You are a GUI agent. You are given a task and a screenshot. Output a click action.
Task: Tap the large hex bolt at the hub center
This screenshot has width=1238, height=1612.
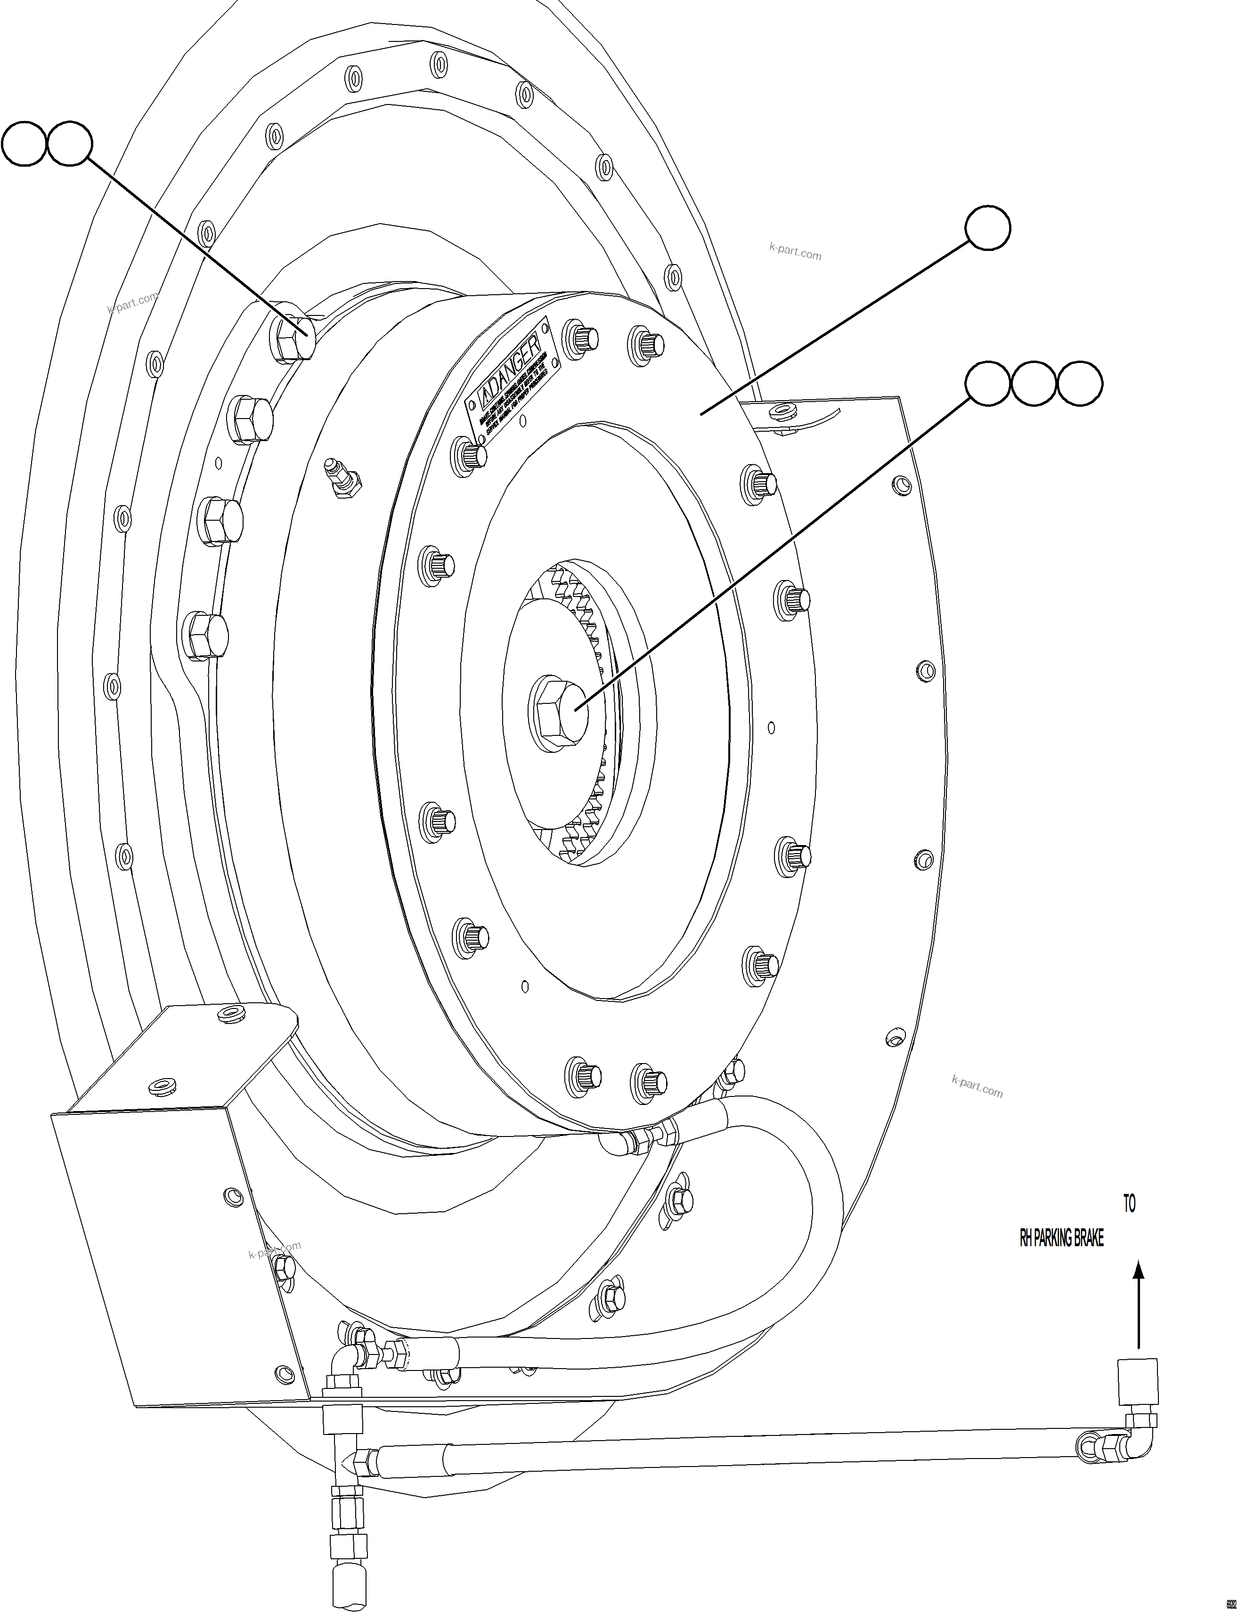(558, 712)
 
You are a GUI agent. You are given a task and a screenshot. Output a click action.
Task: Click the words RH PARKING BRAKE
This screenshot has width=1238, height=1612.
(1061, 1240)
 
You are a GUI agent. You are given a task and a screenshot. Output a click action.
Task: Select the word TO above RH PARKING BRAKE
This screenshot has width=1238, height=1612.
(1129, 1204)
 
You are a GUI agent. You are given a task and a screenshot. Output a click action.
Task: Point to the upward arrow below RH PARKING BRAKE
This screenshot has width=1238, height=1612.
(1139, 1304)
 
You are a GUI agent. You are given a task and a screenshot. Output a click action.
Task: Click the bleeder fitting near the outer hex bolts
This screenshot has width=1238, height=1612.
(341, 479)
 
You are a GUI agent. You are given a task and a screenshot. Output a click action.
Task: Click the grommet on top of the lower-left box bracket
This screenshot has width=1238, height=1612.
(233, 1015)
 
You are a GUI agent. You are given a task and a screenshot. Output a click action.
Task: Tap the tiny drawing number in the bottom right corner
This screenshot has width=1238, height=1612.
(1230, 1601)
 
